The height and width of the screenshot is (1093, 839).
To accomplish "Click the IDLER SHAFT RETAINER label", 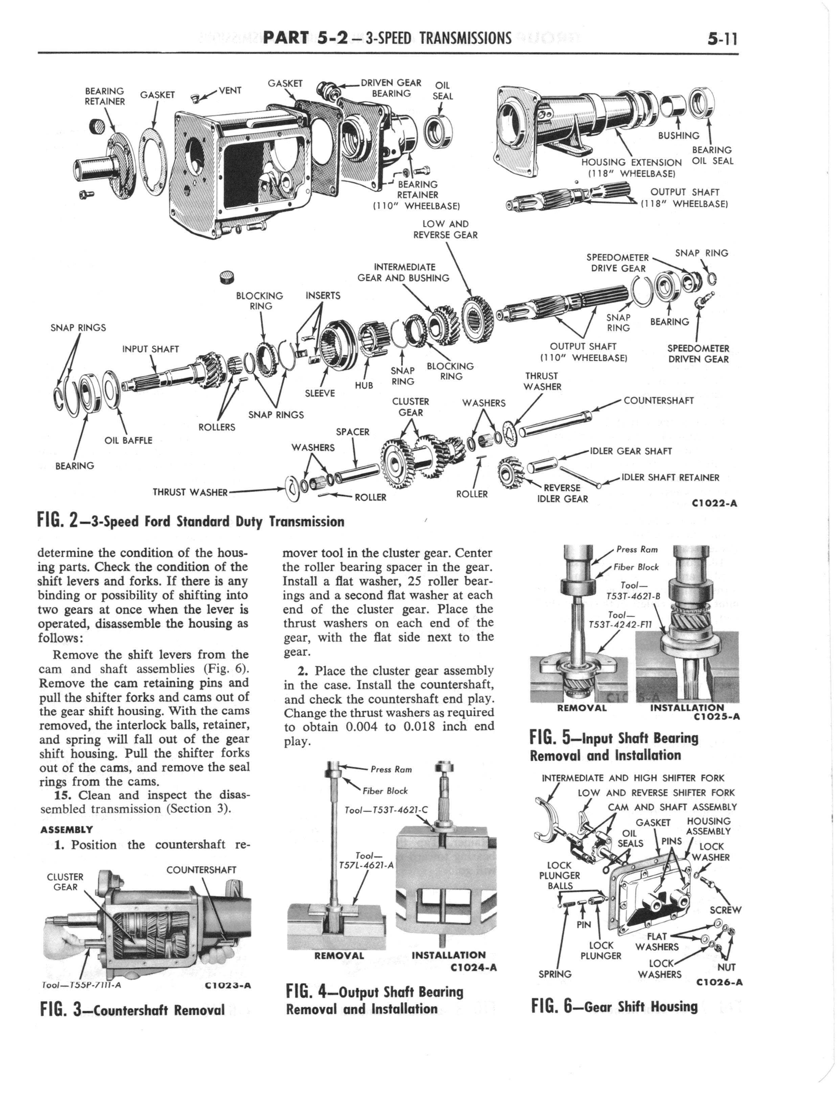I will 670,478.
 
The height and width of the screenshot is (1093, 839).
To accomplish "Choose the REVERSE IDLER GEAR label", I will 562,493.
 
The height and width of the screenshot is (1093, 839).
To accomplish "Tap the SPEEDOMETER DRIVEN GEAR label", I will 698,354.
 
